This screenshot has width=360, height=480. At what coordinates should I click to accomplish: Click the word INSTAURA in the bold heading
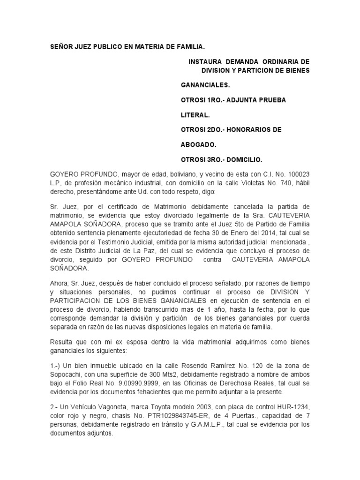[204, 62]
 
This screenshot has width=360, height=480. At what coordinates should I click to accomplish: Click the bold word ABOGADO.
[197, 145]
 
